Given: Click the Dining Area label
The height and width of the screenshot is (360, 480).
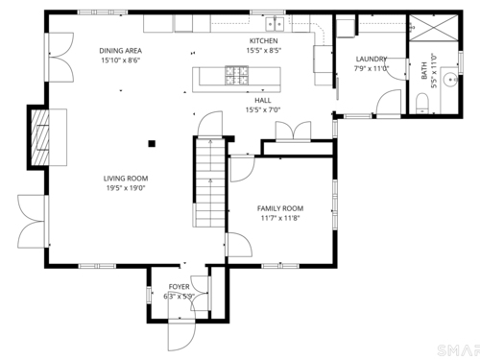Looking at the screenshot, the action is (121, 51).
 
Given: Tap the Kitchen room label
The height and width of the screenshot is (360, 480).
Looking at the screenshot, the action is (264, 41).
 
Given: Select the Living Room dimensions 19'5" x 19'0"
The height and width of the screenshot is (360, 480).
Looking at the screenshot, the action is (126, 188).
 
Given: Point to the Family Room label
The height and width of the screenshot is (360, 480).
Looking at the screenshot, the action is (280, 208).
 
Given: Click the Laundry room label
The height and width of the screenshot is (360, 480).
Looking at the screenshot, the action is (372, 59).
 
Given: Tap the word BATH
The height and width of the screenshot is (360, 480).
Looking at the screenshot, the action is (424, 71).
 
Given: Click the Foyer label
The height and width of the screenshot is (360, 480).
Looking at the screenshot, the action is (180, 287).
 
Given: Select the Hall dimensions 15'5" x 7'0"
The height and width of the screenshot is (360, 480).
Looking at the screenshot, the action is (263, 110).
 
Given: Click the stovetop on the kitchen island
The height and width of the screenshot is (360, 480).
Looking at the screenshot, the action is (237, 76).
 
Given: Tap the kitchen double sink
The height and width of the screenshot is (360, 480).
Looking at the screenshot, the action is (275, 24).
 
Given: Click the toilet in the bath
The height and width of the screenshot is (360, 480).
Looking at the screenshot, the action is (422, 103).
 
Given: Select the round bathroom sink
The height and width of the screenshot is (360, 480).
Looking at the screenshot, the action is (450, 78).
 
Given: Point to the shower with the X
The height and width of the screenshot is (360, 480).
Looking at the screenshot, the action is (434, 28).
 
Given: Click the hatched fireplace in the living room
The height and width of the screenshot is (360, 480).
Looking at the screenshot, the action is (40, 137).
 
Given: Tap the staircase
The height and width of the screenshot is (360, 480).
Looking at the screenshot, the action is (210, 182).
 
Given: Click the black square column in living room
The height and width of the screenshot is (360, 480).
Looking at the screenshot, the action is (152, 144).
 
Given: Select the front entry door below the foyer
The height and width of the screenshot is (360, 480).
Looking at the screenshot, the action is (181, 334).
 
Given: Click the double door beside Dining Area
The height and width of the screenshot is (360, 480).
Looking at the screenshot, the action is (60, 58).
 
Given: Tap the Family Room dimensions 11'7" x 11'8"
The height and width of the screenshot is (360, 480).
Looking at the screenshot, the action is (280, 218).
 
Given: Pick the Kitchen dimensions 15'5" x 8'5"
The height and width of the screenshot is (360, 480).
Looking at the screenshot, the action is (264, 51).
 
